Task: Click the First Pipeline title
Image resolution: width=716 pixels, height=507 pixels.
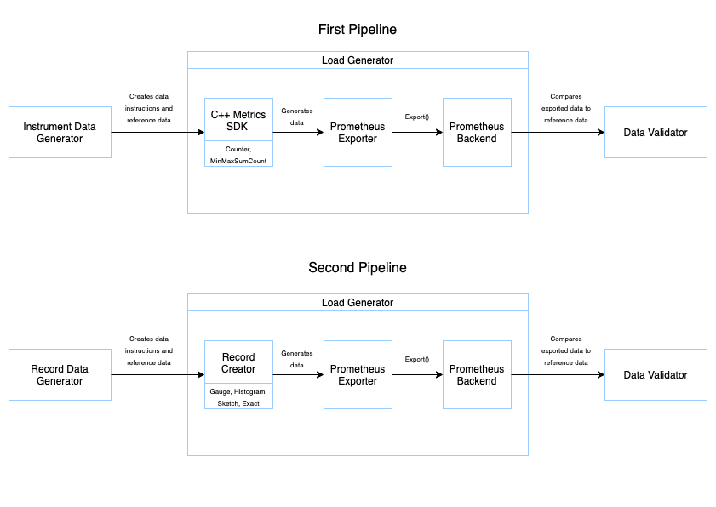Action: pyautogui.click(x=358, y=30)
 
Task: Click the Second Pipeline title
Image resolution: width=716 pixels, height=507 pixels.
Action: pyautogui.click(x=358, y=268)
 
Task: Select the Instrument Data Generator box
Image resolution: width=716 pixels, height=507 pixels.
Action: pyautogui.click(x=60, y=132)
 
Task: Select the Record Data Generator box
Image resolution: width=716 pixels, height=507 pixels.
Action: pyautogui.click(x=60, y=374)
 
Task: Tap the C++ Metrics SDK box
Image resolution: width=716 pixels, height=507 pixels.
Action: pyautogui.click(x=238, y=120)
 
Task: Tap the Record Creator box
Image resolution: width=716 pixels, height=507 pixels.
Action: pyautogui.click(x=238, y=363)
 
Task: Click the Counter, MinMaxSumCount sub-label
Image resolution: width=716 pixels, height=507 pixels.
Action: pyautogui.click(x=238, y=155)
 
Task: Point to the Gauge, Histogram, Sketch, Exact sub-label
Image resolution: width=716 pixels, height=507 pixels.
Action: pyautogui.click(x=238, y=397)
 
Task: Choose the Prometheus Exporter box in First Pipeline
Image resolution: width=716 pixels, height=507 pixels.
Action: pyautogui.click(x=358, y=132)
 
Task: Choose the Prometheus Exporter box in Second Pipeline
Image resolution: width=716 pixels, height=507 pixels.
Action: pyautogui.click(x=358, y=374)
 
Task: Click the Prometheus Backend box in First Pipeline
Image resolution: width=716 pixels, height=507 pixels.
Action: pyautogui.click(x=477, y=132)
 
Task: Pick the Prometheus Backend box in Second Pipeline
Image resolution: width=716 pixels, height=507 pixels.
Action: pyautogui.click(x=477, y=374)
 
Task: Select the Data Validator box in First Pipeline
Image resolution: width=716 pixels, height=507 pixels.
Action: pyautogui.click(x=656, y=132)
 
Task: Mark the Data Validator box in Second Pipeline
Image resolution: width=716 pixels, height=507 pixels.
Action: pyautogui.click(x=656, y=374)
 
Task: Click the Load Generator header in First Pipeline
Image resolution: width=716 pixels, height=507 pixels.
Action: pyautogui.click(x=358, y=60)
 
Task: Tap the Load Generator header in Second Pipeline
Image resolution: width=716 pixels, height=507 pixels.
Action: pyautogui.click(x=358, y=303)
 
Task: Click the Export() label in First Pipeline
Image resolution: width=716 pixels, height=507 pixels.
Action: pyautogui.click(x=416, y=116)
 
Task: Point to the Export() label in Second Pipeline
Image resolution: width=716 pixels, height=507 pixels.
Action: pyautogui.click(x=416, y=358)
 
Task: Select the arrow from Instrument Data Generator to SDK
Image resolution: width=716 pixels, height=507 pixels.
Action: pyautogui.click(x=158, y=133)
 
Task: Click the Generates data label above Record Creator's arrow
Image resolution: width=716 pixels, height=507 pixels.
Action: pyautogui.click(x=297, y=358)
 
